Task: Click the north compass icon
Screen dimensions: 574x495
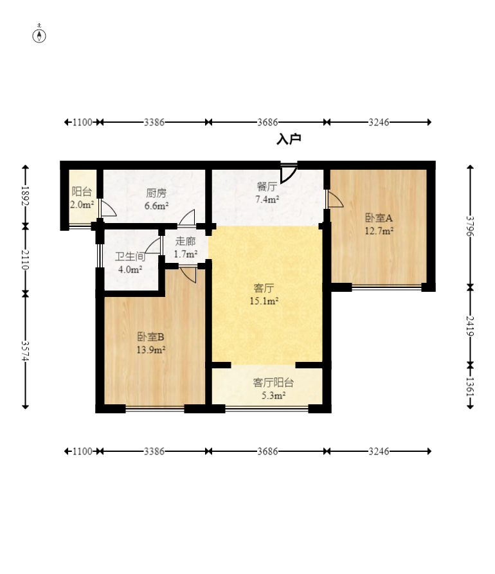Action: (x=39, y=35)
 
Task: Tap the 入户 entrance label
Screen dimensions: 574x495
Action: (x=289, y=139)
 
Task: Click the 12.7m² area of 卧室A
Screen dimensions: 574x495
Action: (x=379, y=231)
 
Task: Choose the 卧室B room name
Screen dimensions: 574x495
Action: (x=151, y=336)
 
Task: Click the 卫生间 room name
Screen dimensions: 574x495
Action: (x=130, y=256)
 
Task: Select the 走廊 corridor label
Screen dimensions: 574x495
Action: (x=185, y=242)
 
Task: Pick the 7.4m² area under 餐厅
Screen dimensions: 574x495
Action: (x=267, y=200)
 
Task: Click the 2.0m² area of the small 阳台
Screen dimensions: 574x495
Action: (x=82, y=205)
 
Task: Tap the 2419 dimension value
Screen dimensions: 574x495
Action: (x=470, y=326)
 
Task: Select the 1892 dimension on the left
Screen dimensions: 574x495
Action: (x=25, y=196)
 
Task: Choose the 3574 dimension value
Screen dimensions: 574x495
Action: (x=25, y=350)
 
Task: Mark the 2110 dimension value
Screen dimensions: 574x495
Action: (x=25, y=260)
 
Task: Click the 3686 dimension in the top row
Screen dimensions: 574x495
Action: (x=267, y=122)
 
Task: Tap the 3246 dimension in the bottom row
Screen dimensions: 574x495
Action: (x=379, y=451)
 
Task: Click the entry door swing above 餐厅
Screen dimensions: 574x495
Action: (x=289, y=173)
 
